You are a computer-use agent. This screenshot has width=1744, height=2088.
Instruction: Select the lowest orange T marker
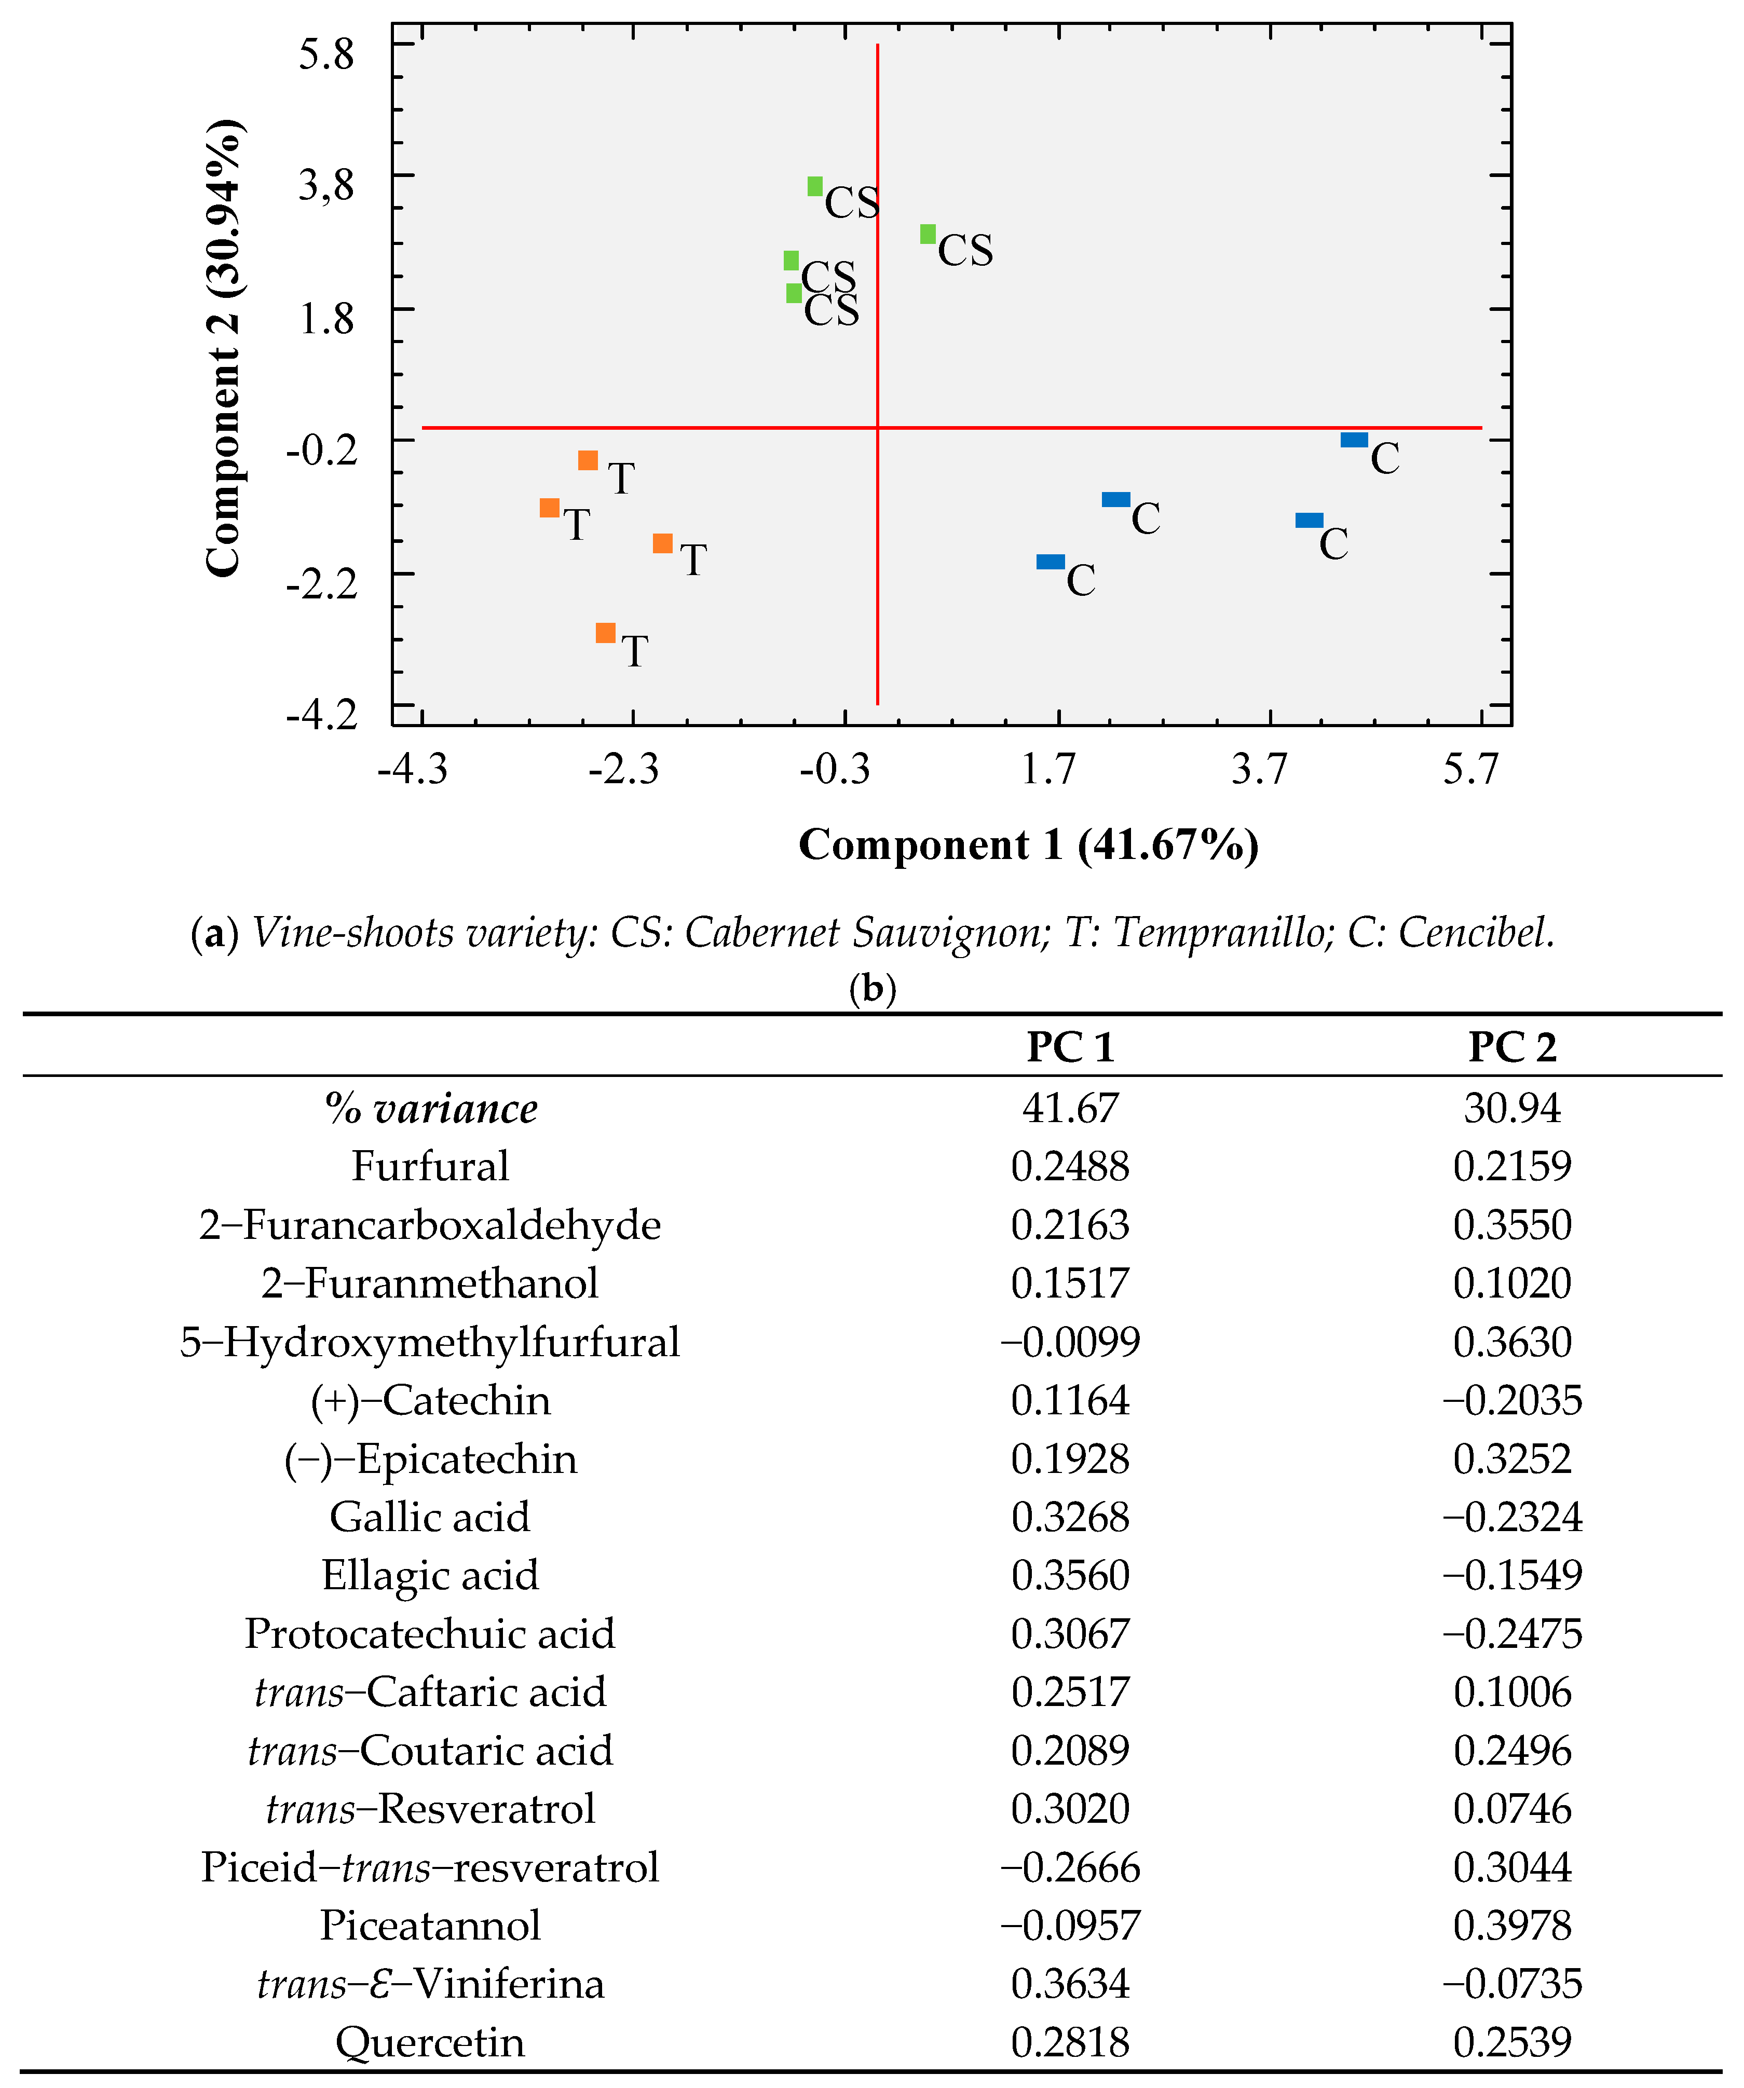(605, 632)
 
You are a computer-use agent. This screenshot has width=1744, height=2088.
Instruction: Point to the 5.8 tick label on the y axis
(326, 53)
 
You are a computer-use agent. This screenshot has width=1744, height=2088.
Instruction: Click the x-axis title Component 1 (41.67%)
(1028, 844)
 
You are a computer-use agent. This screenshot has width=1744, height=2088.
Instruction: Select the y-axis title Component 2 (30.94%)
(223, 348)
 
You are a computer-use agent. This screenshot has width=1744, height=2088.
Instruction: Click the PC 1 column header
(1070, 1047)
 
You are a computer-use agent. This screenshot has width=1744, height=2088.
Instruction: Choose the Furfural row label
(430, 1166)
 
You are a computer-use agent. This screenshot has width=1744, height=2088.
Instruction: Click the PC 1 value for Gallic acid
(1070, 1517)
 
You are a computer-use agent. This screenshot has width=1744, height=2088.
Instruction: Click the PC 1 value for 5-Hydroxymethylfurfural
(1070, 1342)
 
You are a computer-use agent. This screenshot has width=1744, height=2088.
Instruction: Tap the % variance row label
(430, 1108)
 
